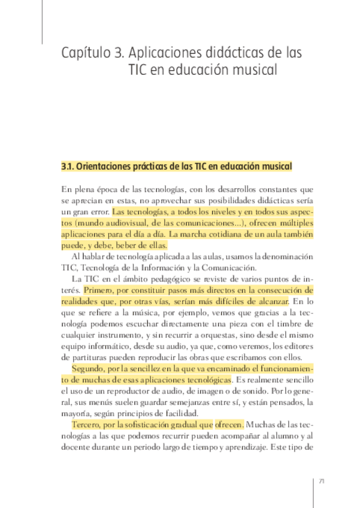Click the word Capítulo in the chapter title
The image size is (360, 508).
point(85,53)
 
